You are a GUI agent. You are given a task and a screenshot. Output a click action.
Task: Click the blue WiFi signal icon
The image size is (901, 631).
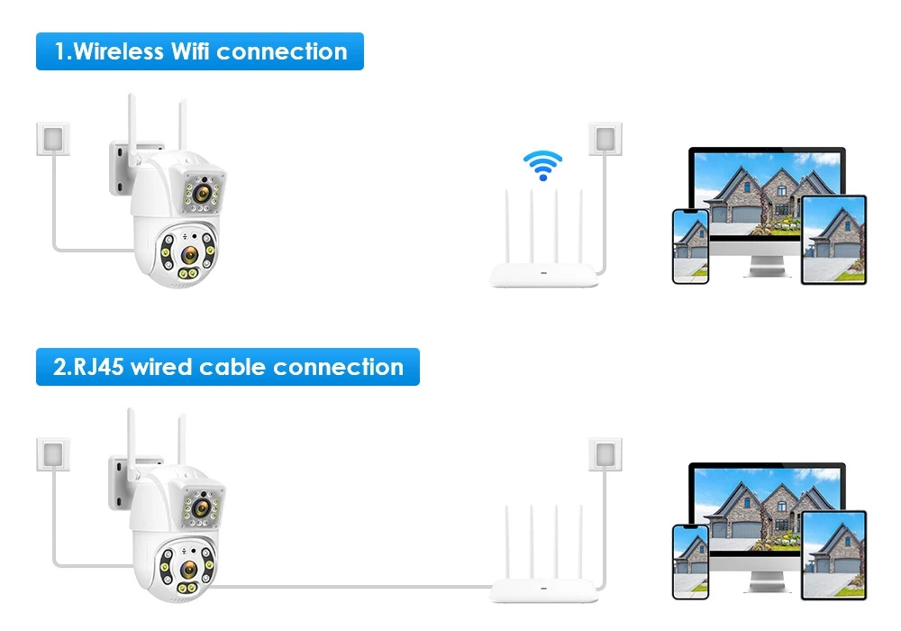(x=542, y=165)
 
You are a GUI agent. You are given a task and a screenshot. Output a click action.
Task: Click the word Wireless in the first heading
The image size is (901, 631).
(x=119, y=51)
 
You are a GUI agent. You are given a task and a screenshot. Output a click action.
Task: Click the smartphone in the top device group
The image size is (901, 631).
(x=690, y=246)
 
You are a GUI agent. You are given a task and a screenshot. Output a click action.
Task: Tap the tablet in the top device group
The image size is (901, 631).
(x=833, y=241)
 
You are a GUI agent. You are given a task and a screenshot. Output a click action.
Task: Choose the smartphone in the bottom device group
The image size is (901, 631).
(x=690, y=562)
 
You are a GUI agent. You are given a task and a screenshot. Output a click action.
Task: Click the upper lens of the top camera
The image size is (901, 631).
(x=202, y=192)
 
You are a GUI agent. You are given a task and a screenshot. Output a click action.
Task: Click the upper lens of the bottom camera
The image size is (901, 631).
(x=202, y=508)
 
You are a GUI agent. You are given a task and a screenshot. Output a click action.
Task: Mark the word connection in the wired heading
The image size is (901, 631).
(x=338, y=367)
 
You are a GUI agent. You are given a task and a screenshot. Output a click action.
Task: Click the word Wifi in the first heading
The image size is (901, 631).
(x=189, y=51)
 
